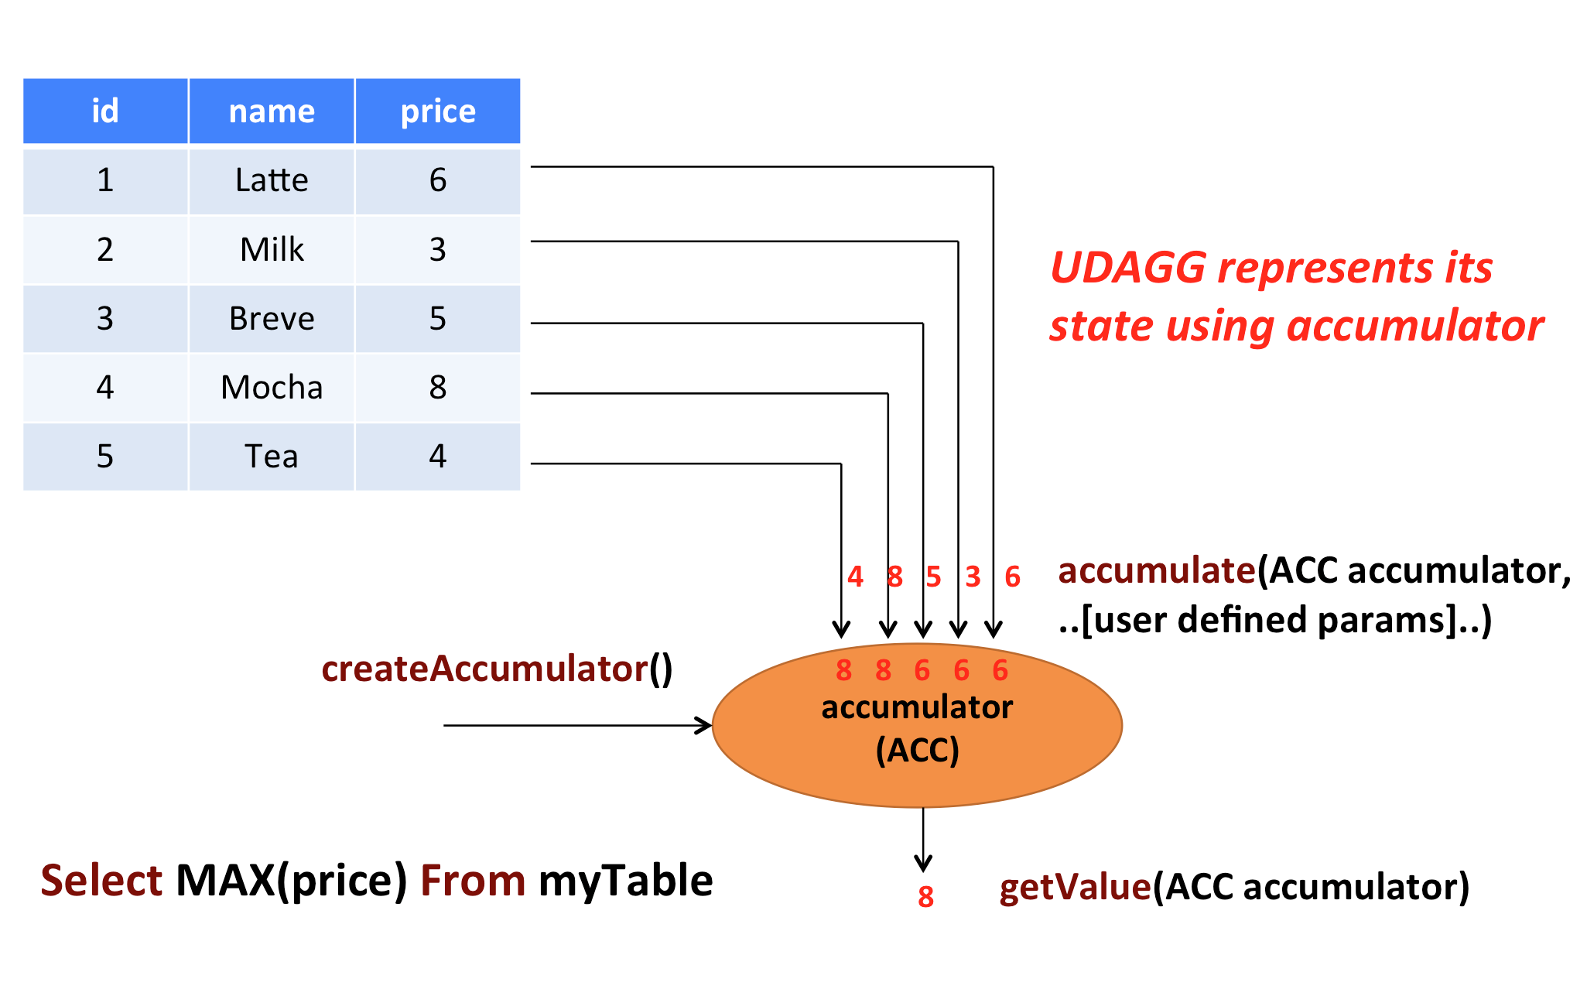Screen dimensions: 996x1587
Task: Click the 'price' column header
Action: (x=437, y=111)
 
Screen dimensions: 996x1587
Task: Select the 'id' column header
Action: (x=105, y=111)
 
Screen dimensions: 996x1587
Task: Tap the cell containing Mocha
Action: (x=272, y=387)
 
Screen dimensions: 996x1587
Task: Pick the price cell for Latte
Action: (x=437, y=180)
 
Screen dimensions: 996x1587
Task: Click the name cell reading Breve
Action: (x=272, y=319)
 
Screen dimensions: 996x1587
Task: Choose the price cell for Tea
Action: (x=437, y=457)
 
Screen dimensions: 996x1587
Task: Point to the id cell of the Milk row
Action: (x=105, y=250)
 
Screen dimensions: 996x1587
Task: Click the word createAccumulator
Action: (x=484, y=669)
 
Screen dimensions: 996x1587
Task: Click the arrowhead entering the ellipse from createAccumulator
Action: (x=704, y=725)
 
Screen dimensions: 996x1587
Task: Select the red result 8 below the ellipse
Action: (x=925, y=897)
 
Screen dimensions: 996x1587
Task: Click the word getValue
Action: (x=1075, y=887)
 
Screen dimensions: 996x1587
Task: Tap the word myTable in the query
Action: (x=625, y=881)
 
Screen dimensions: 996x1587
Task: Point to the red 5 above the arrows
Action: (x=933, y=577)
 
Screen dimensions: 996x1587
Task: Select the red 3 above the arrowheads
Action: (x=973, y=577)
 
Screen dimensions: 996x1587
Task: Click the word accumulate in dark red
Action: (x=1156, y=571)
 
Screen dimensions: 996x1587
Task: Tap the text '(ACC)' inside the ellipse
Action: (x=917, y=750)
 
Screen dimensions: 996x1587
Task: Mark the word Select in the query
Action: (x=101, y=881)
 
